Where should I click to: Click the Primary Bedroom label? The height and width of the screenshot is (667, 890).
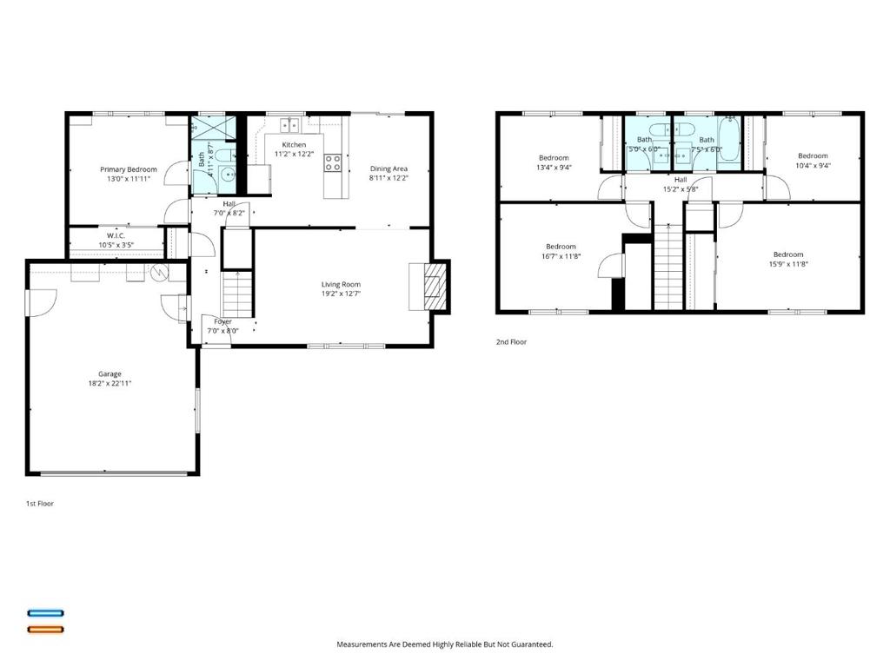[129, 169]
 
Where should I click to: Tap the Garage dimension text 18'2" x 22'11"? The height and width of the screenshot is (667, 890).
[110, 383]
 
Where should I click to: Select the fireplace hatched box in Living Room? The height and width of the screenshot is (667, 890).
[433, 286]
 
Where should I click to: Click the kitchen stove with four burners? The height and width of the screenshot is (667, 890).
[332, 162]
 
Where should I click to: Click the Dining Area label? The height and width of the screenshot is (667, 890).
[389, 168]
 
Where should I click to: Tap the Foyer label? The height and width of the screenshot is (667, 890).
[222, 321]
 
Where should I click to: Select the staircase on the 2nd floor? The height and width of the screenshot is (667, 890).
[667, 265]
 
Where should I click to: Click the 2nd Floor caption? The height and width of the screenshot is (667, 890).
[511, 342]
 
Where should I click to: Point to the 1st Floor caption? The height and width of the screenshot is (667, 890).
[39, 503]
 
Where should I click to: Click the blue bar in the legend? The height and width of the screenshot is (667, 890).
[45, 613]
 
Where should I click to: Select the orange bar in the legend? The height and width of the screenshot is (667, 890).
[45, 629]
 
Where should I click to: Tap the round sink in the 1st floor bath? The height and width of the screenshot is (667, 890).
[230, 174]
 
